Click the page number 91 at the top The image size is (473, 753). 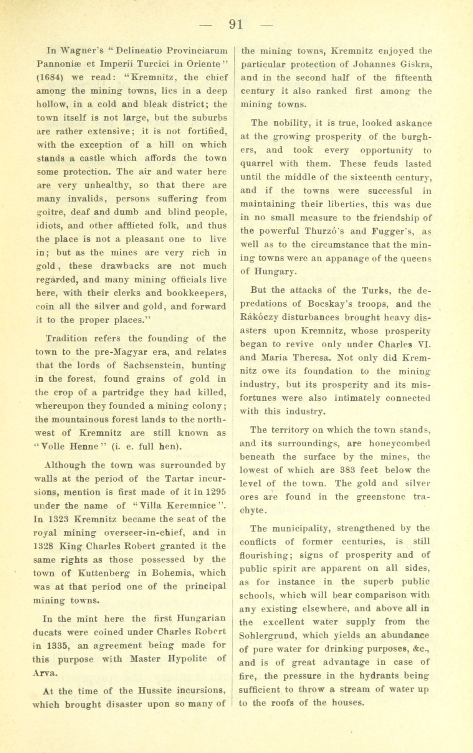[x=236, y=25]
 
